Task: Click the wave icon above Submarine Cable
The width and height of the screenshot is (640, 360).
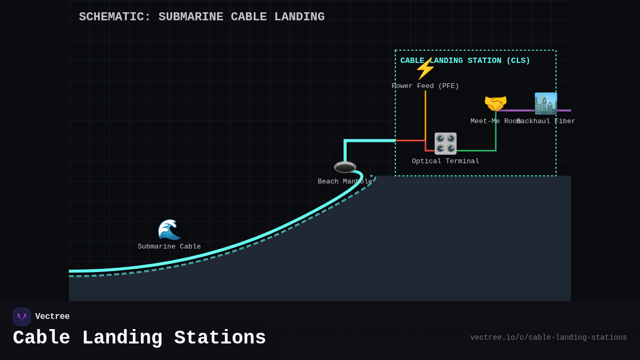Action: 169,230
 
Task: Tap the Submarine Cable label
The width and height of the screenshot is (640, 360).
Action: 169,246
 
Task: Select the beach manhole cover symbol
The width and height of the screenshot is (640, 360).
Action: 345,167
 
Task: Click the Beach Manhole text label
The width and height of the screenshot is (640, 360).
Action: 345,181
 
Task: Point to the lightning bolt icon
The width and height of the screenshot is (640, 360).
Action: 425,69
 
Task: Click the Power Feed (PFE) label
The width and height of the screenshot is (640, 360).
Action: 425,86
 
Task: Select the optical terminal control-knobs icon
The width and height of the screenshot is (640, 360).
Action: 445,143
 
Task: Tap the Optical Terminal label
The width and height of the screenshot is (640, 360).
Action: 445,161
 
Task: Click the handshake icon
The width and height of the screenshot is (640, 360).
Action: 495,103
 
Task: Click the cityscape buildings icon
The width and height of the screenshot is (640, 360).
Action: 546,103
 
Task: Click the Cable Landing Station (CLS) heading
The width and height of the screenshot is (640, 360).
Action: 465,61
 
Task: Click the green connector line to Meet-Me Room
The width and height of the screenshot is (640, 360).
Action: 495,133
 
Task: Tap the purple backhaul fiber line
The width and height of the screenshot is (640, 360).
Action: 564,110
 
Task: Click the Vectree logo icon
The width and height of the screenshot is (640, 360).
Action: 22,317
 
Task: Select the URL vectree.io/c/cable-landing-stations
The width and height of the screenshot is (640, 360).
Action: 548,338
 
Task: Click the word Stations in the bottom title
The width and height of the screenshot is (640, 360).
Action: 220,338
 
